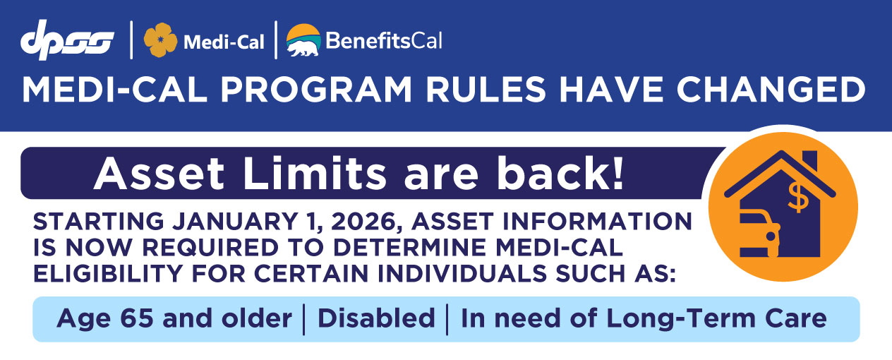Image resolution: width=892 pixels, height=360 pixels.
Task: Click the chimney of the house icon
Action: click(809, 161)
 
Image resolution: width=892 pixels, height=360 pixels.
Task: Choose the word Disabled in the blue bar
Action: click(376, 318)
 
